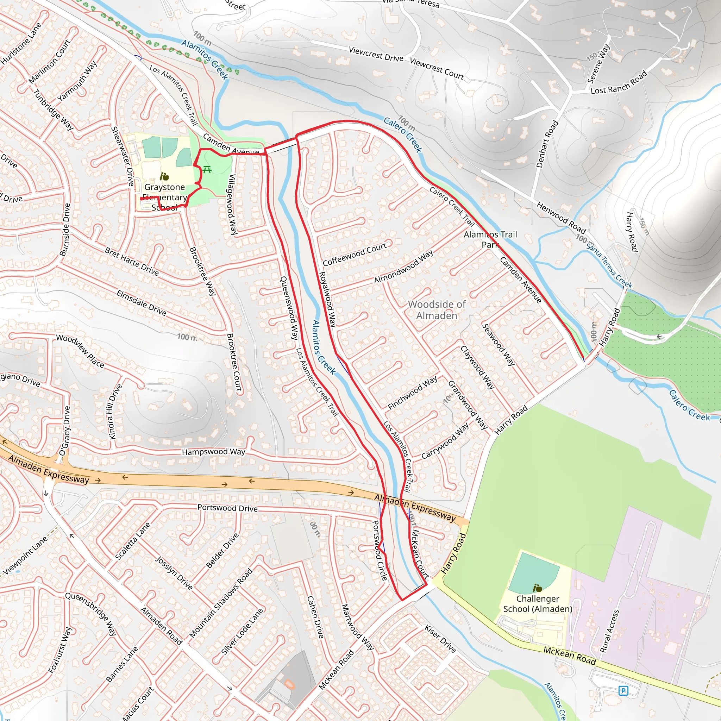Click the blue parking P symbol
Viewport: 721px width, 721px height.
point(623,690)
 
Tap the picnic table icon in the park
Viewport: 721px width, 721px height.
point(207,170)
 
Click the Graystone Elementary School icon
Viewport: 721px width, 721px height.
point(164,176)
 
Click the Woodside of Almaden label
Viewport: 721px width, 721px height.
point(437,310)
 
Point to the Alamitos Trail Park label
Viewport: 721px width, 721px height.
point(490,239)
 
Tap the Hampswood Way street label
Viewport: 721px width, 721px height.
point(213,452)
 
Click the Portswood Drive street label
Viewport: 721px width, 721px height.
point(227,508)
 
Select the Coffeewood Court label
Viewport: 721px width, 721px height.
point(355,254)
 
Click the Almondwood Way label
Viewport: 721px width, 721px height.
point(403,267)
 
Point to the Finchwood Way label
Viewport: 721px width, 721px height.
point(412,393)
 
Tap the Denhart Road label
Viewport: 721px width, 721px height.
point(547,144)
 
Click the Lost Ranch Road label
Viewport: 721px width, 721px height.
point(619,83)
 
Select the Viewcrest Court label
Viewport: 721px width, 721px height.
point(437,69)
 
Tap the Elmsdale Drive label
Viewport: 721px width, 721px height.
point(141,303)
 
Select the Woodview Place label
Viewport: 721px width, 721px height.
point(80,351)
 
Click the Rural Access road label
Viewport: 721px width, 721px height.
point(609,631)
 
